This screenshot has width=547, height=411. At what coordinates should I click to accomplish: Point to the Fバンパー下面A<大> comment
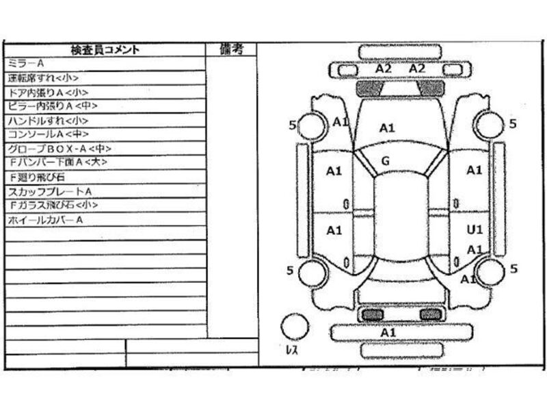click(59, 162)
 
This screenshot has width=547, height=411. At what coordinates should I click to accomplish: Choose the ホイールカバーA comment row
click(45, 220)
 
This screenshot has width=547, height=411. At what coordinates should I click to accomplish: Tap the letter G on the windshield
click(386, 161)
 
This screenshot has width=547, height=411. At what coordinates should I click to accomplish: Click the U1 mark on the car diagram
click(475, 229)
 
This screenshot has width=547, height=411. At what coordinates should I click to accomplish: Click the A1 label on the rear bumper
click(388, 332)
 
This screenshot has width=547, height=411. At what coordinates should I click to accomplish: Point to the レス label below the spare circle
click(291, 349)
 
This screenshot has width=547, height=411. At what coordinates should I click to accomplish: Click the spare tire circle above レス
click(295, 325)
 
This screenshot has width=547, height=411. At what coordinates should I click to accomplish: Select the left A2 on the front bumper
click(383, 68)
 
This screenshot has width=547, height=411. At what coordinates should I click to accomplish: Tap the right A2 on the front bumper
click(417, 68)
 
